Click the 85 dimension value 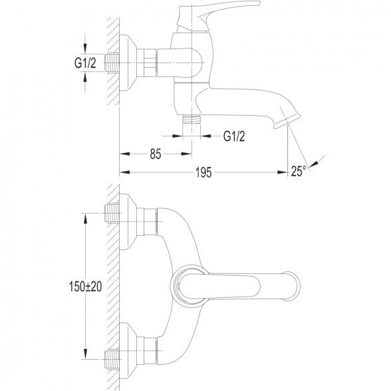pos(156,154)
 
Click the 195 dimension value pos(203,172)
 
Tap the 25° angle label pos(299,171)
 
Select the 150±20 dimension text pos(85,287)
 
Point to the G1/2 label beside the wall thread pos(85,63)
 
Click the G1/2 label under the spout pos(234,136)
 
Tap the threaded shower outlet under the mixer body pos(192,119)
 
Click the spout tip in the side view pos(287,119)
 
